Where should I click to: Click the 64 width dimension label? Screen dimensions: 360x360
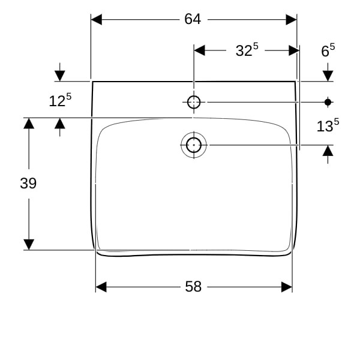[193, 19]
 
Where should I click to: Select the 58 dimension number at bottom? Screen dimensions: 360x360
[193, 287]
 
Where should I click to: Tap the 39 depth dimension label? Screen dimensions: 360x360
[28, 184]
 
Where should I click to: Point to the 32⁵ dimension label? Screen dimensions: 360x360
[247, 50]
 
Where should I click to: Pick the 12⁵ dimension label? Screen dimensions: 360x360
[60, 100]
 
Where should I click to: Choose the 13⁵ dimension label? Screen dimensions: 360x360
[328, 125]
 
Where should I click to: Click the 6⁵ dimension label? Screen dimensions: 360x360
[328, 50]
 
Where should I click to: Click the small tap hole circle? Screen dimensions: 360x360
[194, 102]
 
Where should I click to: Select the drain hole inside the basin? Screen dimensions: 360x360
[194, 145]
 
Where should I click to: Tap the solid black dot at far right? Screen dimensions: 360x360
[328, 102]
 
